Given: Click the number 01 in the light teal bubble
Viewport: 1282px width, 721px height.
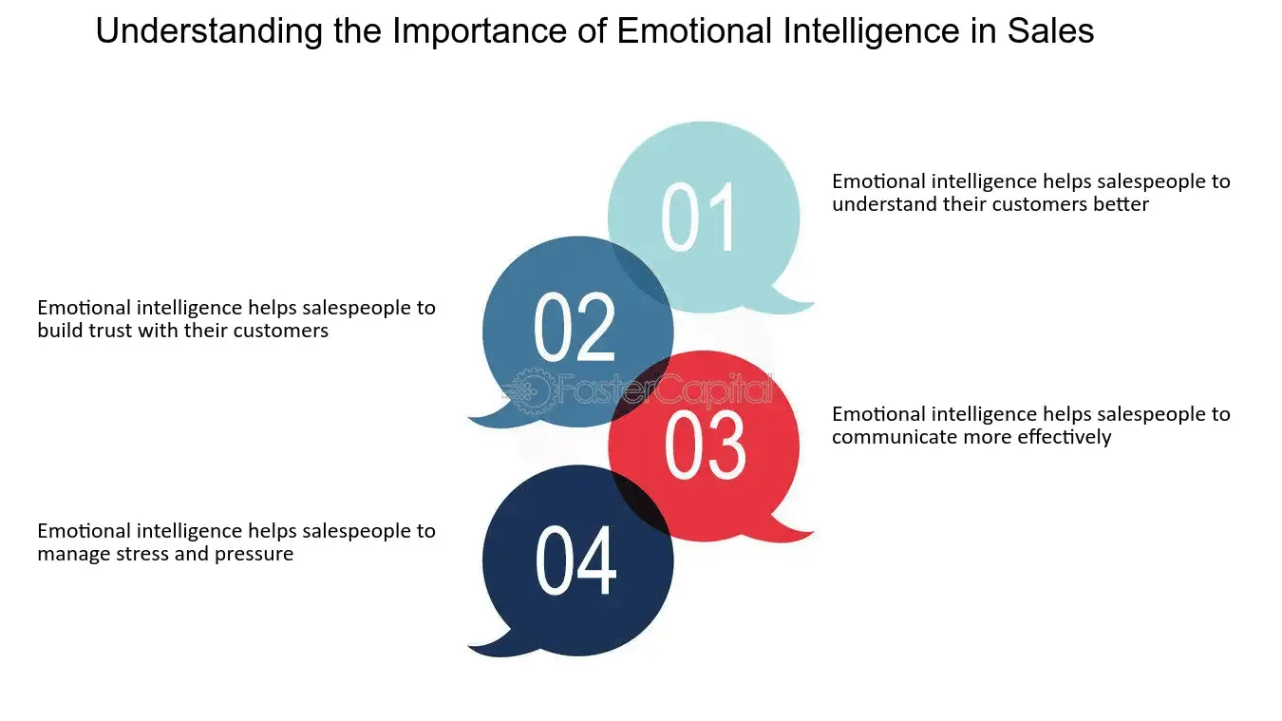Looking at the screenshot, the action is click(698, 217).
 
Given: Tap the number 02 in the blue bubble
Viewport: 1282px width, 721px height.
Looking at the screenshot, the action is click(574, 327).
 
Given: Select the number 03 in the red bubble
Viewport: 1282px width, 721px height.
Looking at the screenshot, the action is click(705, 445).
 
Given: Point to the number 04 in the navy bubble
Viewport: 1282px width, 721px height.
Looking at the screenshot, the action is click(575, 560).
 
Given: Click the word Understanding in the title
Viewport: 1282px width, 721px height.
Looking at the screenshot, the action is click(209, 31).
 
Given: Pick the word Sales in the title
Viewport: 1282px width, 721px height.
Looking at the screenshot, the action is click(1051, 30).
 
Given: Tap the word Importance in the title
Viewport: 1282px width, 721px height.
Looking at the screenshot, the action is click(480, 32).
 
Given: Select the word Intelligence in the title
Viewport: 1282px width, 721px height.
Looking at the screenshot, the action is click(871, 31).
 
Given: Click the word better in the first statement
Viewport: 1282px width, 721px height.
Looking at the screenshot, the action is click(1120, 204).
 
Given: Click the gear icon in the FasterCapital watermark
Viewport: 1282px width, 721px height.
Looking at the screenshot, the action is click(531, 391).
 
